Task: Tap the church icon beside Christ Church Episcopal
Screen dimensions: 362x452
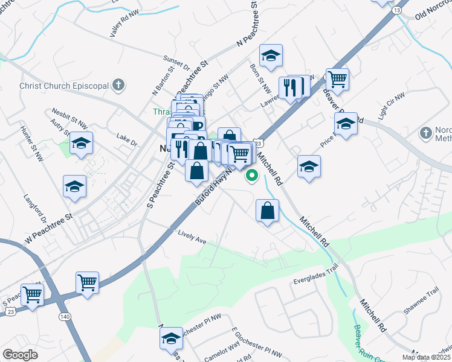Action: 119,85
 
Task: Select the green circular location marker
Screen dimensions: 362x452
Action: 252,176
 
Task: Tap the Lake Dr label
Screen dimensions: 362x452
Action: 127,139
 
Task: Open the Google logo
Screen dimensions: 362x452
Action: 21,355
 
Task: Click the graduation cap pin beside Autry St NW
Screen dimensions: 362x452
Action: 81,144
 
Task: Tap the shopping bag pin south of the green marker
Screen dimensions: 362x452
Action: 267,211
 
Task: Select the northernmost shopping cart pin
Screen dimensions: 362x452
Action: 337,78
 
